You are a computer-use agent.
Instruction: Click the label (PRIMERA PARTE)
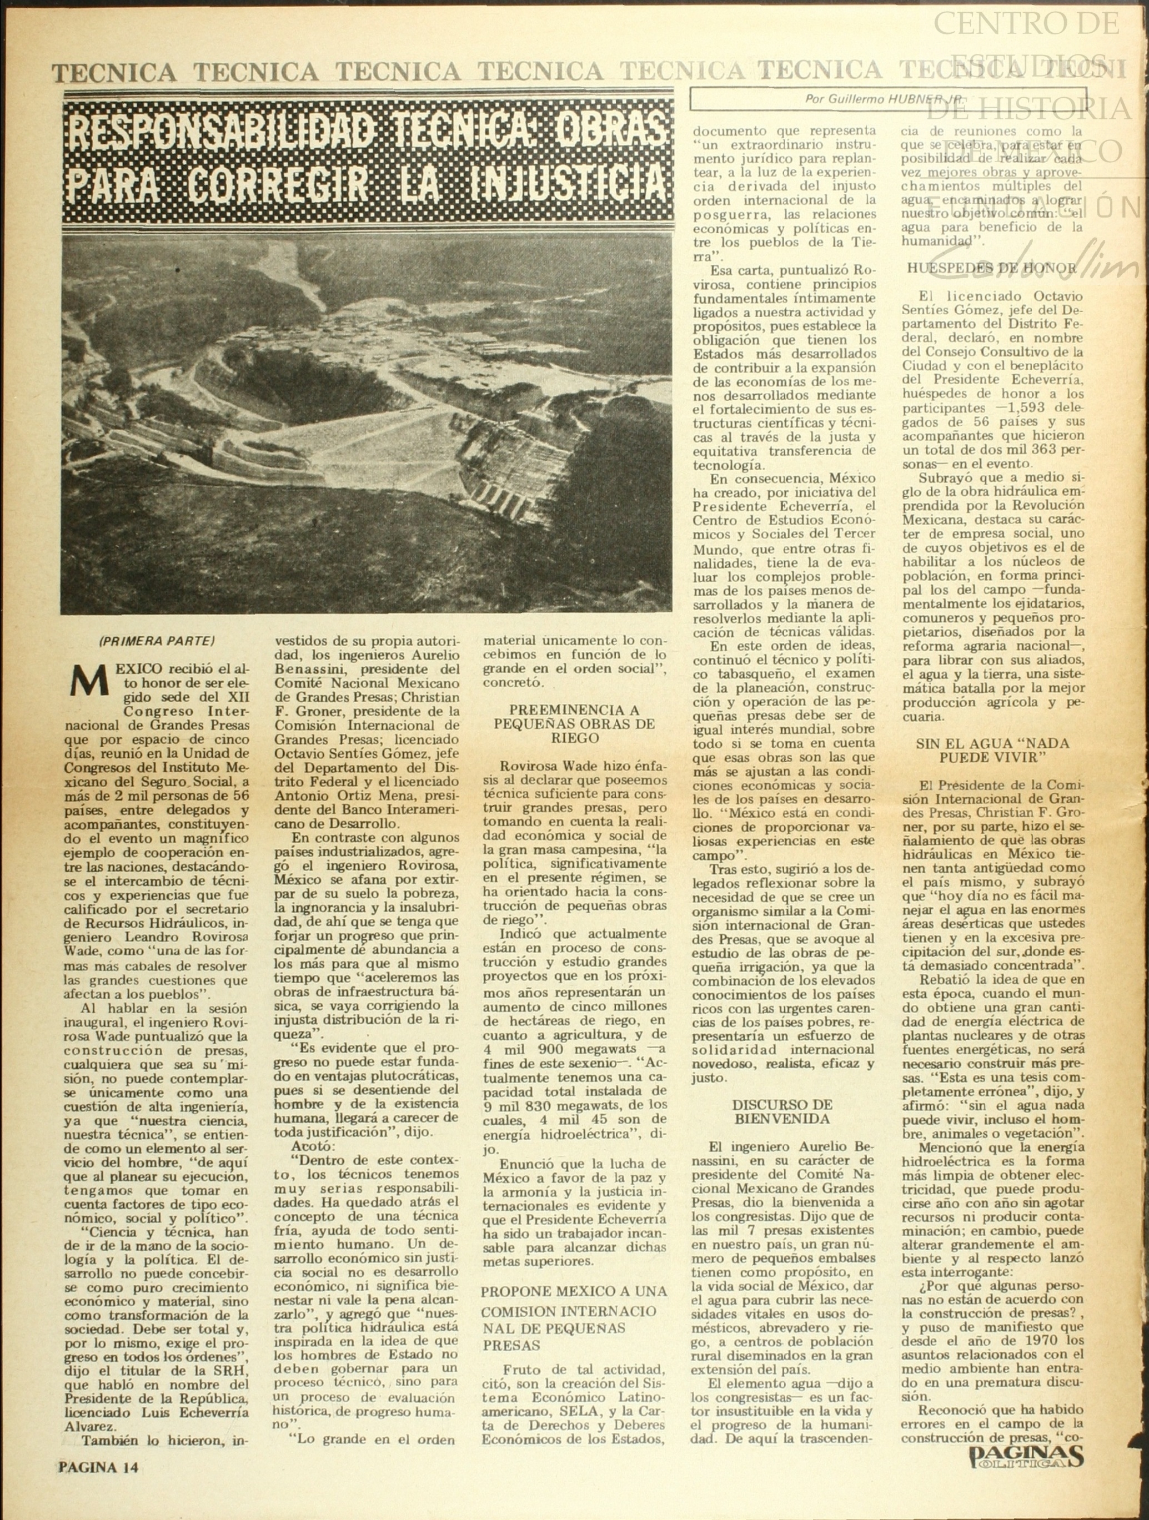click(157, 641)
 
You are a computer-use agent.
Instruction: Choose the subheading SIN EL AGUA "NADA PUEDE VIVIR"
click(993, 751)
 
